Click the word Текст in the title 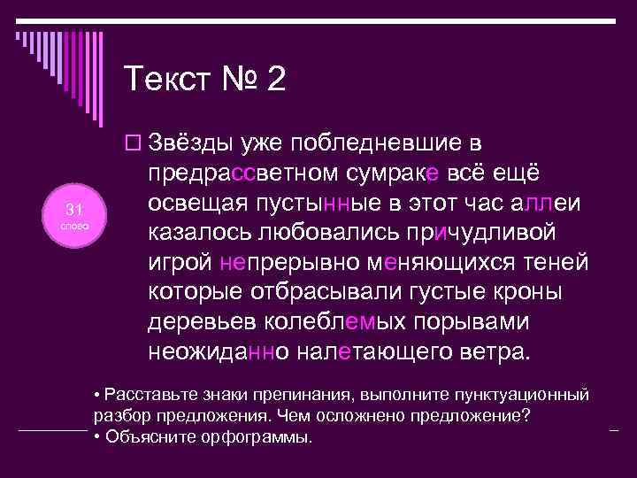[170, 81]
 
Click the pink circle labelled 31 [75, 215]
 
